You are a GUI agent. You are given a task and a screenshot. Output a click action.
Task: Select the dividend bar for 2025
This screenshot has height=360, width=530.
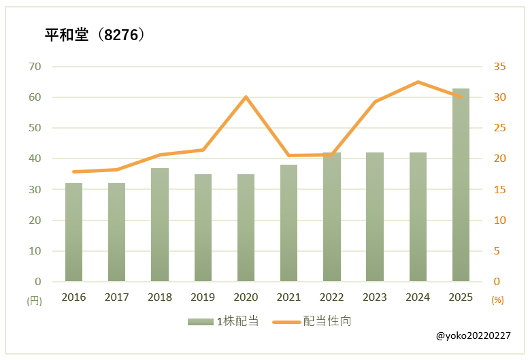tap(461, 185)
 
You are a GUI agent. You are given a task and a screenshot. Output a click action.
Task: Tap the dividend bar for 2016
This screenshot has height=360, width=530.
tap(73, 232)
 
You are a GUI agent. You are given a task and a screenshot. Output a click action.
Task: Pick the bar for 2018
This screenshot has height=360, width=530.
tap(160, 225)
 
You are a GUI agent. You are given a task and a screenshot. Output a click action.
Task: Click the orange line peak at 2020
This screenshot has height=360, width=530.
tap(246, 97)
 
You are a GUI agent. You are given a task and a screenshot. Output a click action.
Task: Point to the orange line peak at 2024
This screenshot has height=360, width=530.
tap(417, 82)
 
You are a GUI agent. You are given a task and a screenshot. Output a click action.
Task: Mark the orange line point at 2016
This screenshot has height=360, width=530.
tap(73, 171)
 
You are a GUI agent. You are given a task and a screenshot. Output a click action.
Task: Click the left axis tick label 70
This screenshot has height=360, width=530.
tap(35, 67)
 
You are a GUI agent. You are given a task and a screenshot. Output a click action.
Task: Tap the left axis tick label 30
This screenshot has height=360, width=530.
tap(35, 189)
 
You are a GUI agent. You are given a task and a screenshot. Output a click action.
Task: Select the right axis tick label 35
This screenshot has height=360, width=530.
tap(499, 67)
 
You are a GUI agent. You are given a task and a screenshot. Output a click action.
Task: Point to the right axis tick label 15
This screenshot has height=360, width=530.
tap(499, 189)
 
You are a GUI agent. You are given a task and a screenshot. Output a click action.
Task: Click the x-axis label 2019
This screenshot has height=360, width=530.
tap(203, 297)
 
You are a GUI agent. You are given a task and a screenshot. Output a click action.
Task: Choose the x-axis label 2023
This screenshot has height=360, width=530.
tap(375, 297)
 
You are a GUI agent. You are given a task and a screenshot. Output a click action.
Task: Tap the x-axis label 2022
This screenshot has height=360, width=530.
tap(332, 297)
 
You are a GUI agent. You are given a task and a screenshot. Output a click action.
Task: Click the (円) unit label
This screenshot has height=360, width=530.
tap(34, 299)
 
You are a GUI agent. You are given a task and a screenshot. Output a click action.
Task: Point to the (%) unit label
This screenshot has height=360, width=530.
tap(497, 299)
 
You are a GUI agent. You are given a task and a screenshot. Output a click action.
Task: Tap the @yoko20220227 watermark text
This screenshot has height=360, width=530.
tap(475, 336)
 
